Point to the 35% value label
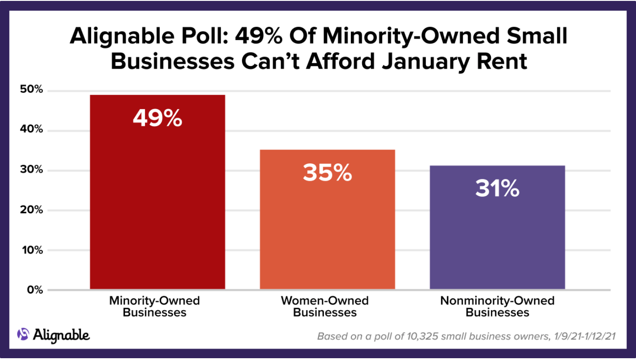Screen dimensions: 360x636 pyautogui.click(x=327, y=173)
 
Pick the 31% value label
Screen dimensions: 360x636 pyautogui.click(x=497, y=189)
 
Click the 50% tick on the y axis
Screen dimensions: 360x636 pyautogui.click(x=31, y=90)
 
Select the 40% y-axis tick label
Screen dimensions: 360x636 pyautogui.click(x=31, y=130)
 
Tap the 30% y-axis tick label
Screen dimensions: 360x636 pyautogui.click(x=31, y=170)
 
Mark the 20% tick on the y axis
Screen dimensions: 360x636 pyautogui.click(x=31, y=210)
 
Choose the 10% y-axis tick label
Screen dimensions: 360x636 pyautogui.click(x=31, y=250)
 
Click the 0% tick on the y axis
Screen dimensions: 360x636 pyautogui.click(x=34, y=290)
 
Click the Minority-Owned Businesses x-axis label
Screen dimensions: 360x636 pyautogui.click(x=155, y=306)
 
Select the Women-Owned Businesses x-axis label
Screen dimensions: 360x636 pyautogui.click(x=325, y=306)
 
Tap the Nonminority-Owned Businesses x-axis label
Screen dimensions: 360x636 pyautogui.click(x=497, y=306)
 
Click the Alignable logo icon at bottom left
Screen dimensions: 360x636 pyautogui.click(x=23, y=334)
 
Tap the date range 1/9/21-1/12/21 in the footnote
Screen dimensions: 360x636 pyautogui.click(x=582, y=336)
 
